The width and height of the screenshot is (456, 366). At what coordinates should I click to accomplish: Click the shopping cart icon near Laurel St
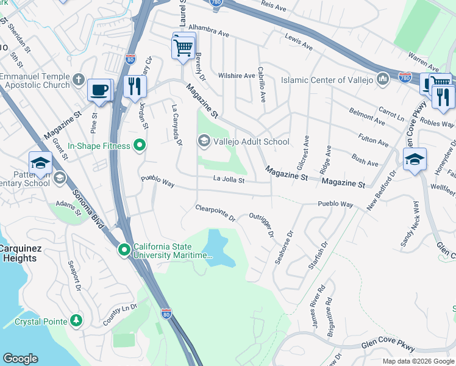[x=183, y=46]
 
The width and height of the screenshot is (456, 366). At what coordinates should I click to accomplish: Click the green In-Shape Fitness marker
[x=140, y=146]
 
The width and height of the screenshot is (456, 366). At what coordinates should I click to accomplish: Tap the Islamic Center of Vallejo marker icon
[x=383, y=79]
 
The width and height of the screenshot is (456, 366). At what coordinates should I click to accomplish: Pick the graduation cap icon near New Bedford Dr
[x=415, y=160]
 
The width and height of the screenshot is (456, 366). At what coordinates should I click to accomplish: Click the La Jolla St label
[x=229, y=180]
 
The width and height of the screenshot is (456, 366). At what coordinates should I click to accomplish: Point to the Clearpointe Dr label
[x=215, y=212]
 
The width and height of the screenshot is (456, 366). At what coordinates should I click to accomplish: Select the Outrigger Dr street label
[x=262, y=224]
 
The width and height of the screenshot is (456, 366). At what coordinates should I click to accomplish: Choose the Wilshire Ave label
[x=238, y=76]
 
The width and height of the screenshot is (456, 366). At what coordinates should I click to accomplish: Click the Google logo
[x=21, y=359]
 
